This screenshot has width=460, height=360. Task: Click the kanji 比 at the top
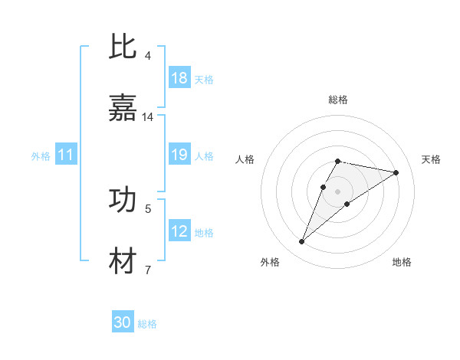click(123, 47)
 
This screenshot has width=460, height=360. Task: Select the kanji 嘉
click(123, 109)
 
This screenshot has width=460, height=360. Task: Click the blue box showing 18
click(179, 78)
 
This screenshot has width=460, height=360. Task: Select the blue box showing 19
click(179, 155)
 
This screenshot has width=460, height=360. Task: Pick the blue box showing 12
click(179, 231)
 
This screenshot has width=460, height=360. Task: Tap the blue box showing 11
click(66, 155)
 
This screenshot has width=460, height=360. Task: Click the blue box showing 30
click(123, 322)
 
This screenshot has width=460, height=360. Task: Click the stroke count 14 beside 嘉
click(148, 117)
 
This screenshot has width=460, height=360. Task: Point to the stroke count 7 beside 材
click(148, 270)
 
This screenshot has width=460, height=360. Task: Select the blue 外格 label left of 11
click(41, 156)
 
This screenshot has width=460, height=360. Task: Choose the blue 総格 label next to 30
click(147, 324)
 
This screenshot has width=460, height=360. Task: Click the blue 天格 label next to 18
click(204, 79)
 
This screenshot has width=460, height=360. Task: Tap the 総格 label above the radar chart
click(338, 100)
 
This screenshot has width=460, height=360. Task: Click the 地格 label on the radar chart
click(402, 262)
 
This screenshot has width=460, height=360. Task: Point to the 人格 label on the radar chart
click(245, 159)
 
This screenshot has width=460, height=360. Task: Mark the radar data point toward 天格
click(396, 172)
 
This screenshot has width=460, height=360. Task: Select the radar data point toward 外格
click(302, 242)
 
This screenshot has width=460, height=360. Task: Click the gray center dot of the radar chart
click(338, 191)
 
